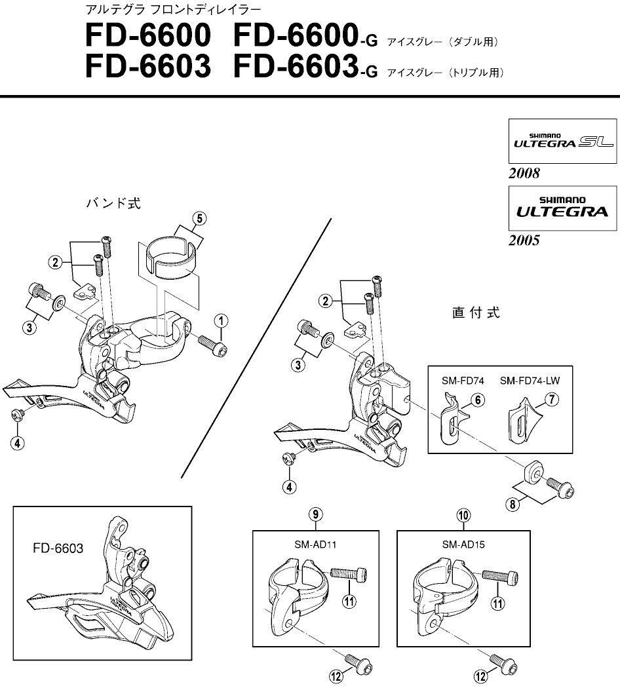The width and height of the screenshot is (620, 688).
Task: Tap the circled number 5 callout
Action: click(x=199, y=219)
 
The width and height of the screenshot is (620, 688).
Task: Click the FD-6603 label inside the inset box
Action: click(x=58, y=548)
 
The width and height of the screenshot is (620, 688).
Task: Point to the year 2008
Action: click(x=524, y=174)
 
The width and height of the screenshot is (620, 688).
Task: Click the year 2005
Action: click(x=524, y=240)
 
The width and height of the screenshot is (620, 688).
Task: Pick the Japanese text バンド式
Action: click(x=113, y=203)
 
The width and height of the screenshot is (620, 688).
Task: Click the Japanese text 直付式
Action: click(x=476, y=313)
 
